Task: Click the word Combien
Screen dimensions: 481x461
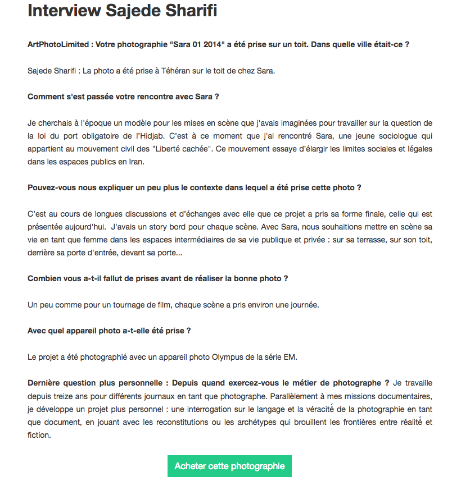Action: coord(44,278)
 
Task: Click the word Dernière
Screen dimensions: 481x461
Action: coord(45,383)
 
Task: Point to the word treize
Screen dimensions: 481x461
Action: coord(65,396)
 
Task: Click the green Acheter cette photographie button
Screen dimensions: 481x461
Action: coord(229,466)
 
